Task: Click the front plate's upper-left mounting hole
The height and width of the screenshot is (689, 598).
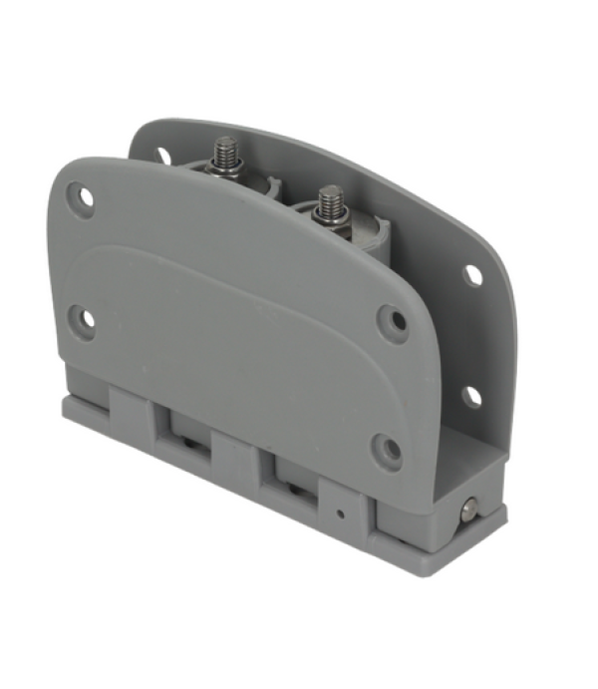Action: click(x=85, y=196)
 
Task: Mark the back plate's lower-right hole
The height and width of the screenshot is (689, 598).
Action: click(x=471, y=396)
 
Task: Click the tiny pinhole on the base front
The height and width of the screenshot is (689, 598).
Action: click(x=341, y=515)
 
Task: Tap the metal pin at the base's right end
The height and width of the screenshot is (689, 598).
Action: click(x=467, y=512)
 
